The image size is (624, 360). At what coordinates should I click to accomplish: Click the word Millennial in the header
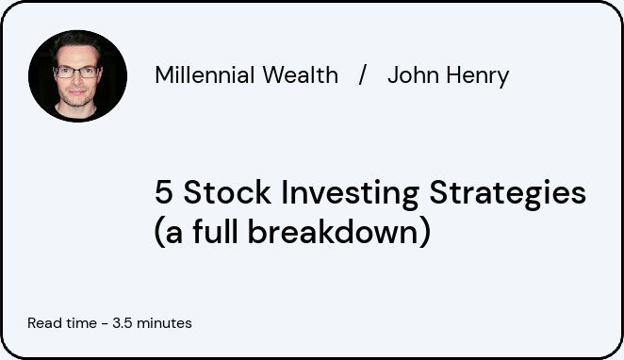pos(205,74)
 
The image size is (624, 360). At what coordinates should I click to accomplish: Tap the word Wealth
pos(301,74)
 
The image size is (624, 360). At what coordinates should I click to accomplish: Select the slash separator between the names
pos(362,74)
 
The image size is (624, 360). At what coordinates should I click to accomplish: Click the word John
pos(414,74)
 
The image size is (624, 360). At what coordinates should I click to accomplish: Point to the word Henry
pos(478,76)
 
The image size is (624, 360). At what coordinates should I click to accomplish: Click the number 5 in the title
pos(164,192)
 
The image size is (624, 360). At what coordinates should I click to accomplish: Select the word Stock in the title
pos(227,191)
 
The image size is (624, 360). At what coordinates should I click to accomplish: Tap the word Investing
pos(351,194)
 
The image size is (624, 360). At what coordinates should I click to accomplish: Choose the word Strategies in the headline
pos(508,194)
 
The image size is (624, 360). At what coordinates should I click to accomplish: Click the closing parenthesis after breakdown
pos(424,233)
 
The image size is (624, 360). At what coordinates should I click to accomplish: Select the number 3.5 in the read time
pos(123,323)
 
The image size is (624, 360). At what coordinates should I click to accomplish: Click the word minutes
pos(164,323)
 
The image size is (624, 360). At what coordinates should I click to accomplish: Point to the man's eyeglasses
pos(76,72)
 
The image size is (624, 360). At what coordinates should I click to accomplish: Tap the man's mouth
pos(76,92)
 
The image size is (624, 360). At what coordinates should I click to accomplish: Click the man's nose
pos(76,80)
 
